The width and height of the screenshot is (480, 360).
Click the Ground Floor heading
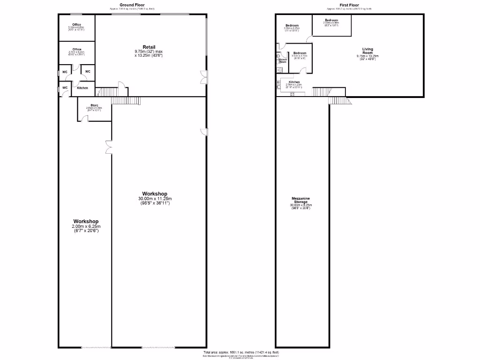tap(131, 4)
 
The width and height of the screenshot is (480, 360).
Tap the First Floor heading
tap(349, 4)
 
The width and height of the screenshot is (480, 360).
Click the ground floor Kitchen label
tap(82, 88)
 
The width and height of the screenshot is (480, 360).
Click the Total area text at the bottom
tap(241, 352)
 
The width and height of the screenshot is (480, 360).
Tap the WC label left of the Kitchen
tap(65, 88)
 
